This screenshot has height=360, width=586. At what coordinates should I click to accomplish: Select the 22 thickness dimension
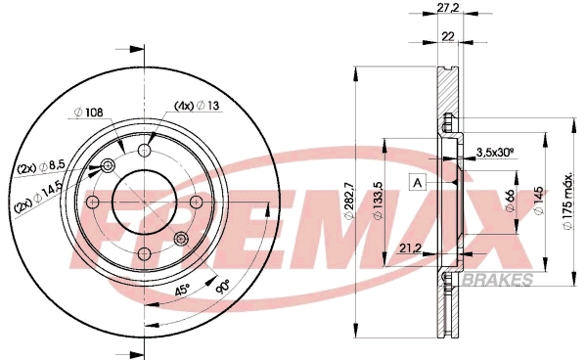pyautogui.click(x=448, y=36)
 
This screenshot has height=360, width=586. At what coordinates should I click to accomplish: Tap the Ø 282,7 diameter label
pyautogui.click(x=349, y=199)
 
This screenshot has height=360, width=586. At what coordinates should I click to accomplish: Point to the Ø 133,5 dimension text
pyautogui.click(x=378, y=201)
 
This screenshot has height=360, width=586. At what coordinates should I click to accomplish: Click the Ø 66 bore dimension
pyautogui.click(x=510, y=200)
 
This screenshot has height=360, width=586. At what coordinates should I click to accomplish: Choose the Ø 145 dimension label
pyautogui.click(x=538, y=201)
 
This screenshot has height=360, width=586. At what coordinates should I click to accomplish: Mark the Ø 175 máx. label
pyautogui.click(x=567, y=201)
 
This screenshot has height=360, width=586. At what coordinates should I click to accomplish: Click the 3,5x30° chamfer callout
pyautogui.click(x=496, y=153)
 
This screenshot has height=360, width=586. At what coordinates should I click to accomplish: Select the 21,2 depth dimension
pyautogui.click(x=410, y=247)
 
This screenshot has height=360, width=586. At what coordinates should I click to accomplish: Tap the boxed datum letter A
pyautogui.click(x=418, y=183)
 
